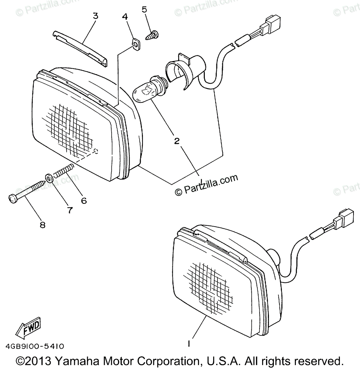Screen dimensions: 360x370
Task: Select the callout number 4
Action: [125, 17]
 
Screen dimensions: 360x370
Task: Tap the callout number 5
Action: [144, 9]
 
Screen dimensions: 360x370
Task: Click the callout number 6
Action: [84, 201]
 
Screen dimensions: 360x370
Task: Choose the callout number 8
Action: [42, 225]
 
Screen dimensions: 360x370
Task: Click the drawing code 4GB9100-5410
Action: [35, 346]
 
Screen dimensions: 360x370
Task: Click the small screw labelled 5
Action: [152, 35]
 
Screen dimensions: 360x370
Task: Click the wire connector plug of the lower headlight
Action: [343, 217]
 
